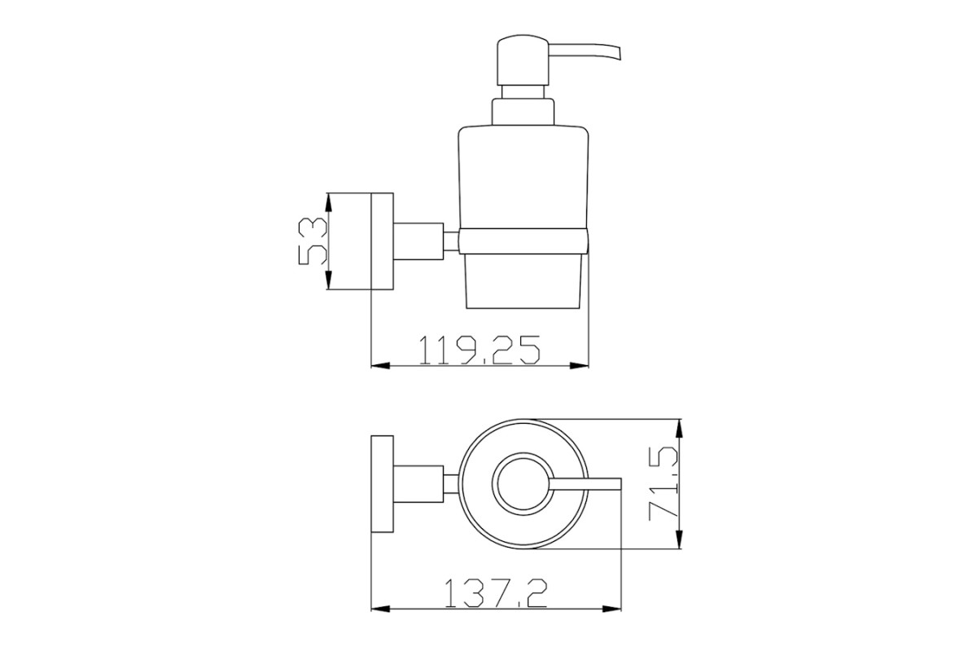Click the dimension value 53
(x=313, y=241)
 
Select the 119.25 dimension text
(x=480, y=350)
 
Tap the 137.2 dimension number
(x=496, y=593)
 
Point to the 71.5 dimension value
(x=663, y=483)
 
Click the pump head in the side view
(x=523, y=60)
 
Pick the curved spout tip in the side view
(x=616, y=51)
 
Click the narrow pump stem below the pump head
(x=523, y=92)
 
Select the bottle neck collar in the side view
(x=523, y=112)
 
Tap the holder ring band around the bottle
(x=524, y=240)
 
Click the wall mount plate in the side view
(x=382, y=241)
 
